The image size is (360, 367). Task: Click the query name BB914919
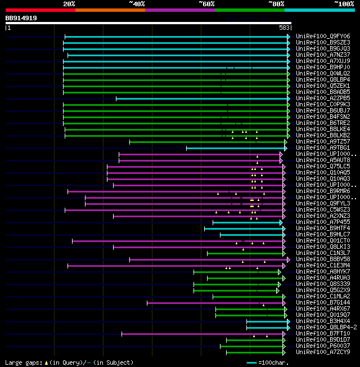pos(21,18)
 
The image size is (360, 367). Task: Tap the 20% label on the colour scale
pos(69,4)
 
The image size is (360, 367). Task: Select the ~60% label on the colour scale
pos(206,4)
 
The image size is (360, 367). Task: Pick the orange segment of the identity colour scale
pos(110,10)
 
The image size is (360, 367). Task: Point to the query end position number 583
pos(285,27)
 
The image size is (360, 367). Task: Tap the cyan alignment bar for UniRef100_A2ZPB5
pos(202,99)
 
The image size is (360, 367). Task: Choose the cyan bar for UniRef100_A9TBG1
pos(236,148)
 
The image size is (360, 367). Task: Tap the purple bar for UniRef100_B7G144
pos(214,303)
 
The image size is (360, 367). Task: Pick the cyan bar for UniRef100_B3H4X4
pos(268,321)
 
